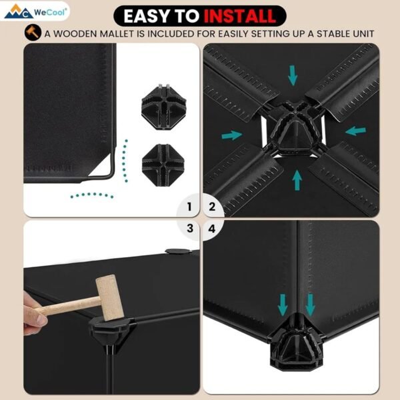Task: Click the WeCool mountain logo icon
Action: coord(19,12)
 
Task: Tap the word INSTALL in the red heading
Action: coord(240,16)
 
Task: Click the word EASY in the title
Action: coord(145,16)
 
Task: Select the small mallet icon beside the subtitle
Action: coord(33,33)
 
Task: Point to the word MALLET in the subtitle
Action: coord(117,34)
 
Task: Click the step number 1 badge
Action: coord(189,207)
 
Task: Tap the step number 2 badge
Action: coord(212,207)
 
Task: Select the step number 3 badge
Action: coord(190,228)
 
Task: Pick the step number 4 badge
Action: coord(212,229)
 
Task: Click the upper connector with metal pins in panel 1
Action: coord(164,107)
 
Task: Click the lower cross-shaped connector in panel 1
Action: coord(163,165)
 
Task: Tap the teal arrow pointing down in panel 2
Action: coord(293,75)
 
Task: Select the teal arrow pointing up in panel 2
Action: coord(297,180)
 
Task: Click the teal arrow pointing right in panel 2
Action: coord(231,135)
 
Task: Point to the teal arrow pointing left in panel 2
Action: coord(355,131)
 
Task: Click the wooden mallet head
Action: coord(110,297)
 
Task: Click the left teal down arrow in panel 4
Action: coord(283,305)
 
